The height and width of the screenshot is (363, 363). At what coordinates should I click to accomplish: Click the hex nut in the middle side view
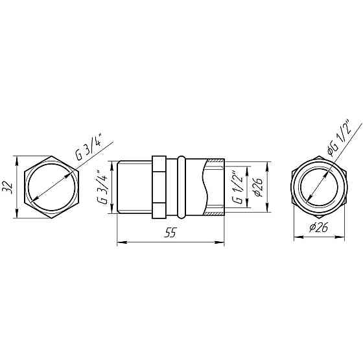coord(159,187)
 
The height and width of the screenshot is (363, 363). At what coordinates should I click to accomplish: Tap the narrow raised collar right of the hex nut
coord(181,187)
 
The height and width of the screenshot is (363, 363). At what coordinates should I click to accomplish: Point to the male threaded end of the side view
coord(135,187)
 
